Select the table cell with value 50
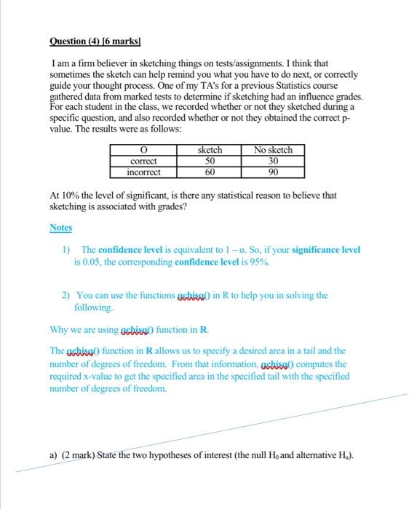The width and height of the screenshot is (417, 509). (210, 161)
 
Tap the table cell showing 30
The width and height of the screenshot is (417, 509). (273, 161)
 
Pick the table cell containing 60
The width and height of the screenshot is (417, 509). (210, 172)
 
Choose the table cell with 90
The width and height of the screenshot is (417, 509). (273, 172)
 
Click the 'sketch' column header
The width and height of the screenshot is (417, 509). (210, 151)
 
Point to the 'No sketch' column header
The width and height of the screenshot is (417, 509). (273, 151)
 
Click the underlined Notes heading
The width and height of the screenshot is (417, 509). (61, 228)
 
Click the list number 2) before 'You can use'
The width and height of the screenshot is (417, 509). (66, 295)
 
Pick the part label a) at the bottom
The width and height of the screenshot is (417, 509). (54, 456)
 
